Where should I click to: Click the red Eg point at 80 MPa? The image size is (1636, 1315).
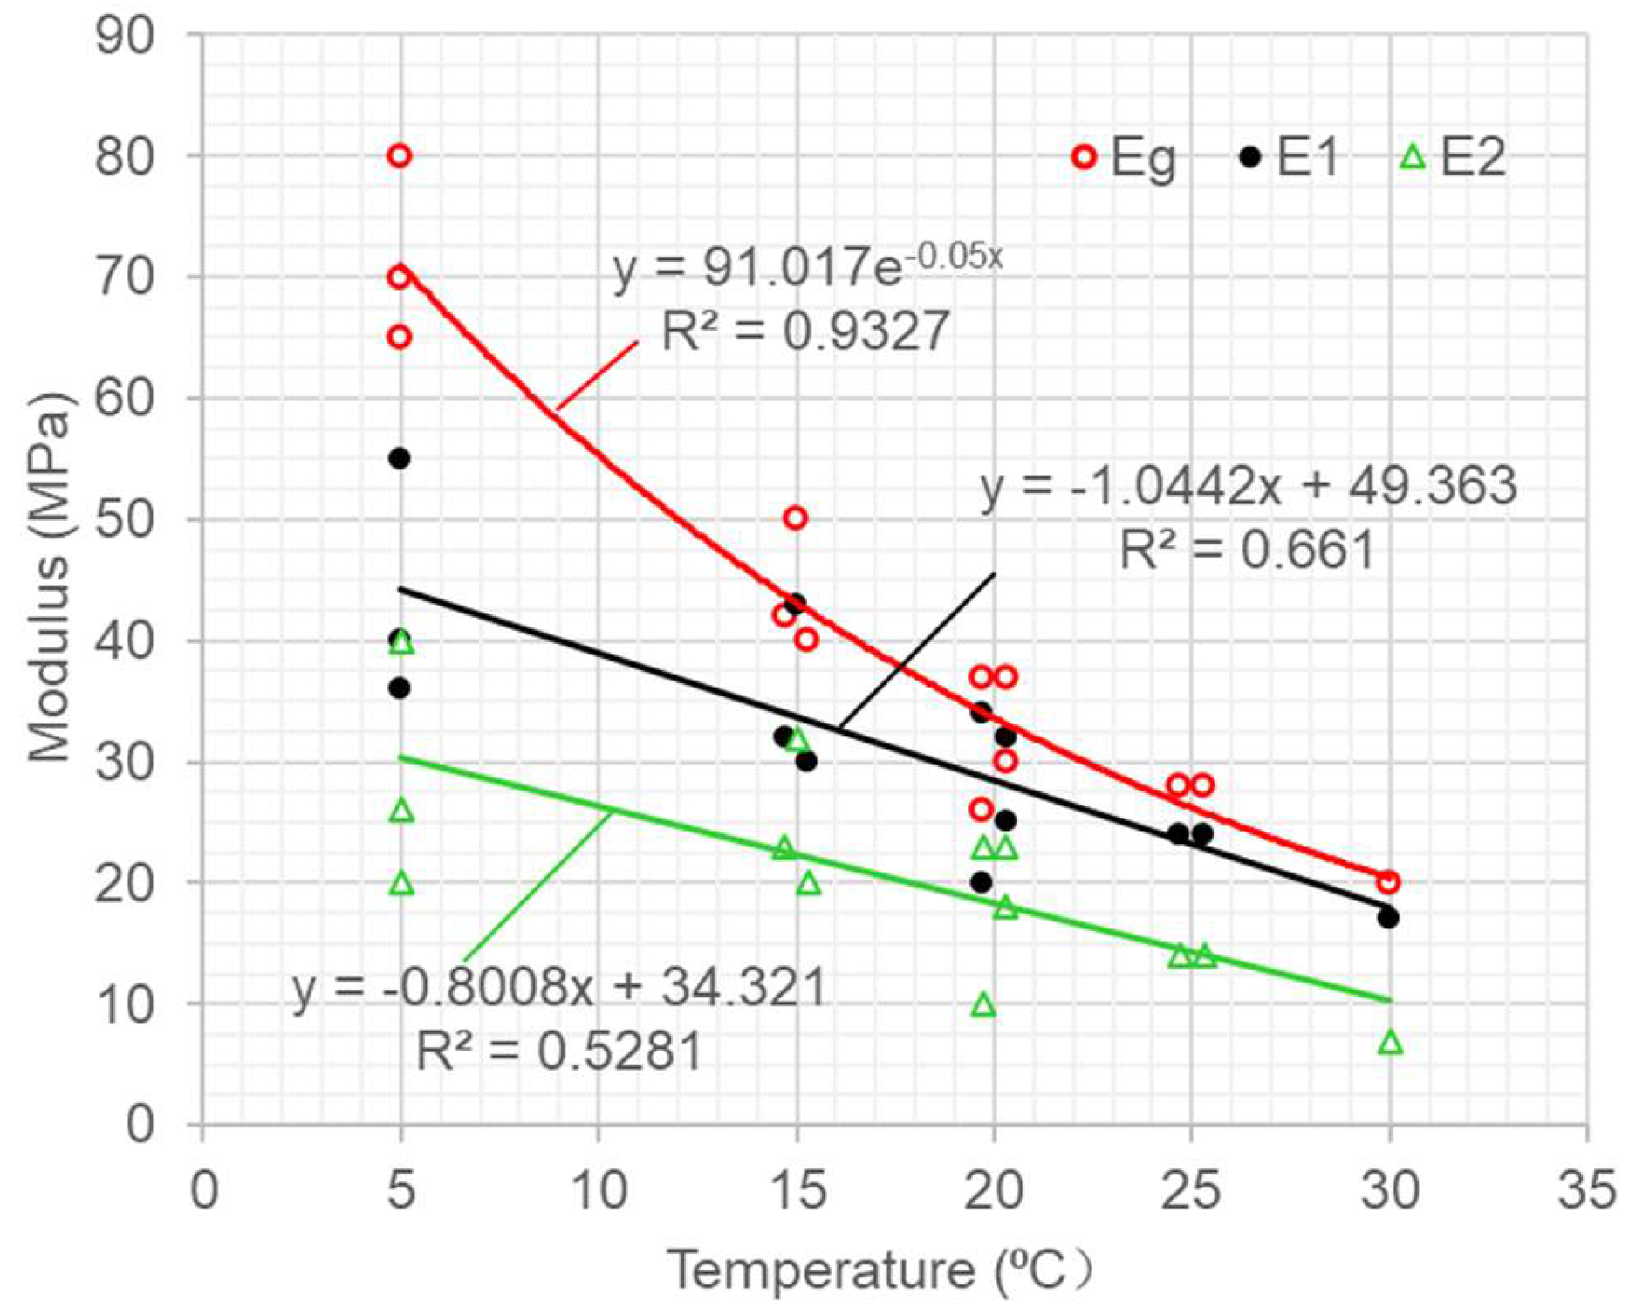point(400,156)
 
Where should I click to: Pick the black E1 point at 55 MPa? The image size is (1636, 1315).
point(400,459)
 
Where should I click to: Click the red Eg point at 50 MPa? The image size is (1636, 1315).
point(795,518)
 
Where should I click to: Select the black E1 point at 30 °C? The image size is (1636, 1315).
point(1388,918)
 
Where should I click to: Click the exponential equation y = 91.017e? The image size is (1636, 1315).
point(807,268)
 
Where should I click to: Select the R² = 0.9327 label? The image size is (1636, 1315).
point(805,332)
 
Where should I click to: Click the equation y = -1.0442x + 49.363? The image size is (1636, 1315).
point(1249,487)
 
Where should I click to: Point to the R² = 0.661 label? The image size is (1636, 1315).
point(1247,551)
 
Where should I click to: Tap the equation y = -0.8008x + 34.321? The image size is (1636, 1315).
point(558,990)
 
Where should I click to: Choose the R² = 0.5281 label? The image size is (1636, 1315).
point(558,1051)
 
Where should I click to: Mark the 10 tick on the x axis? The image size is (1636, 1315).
point(599,1190)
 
